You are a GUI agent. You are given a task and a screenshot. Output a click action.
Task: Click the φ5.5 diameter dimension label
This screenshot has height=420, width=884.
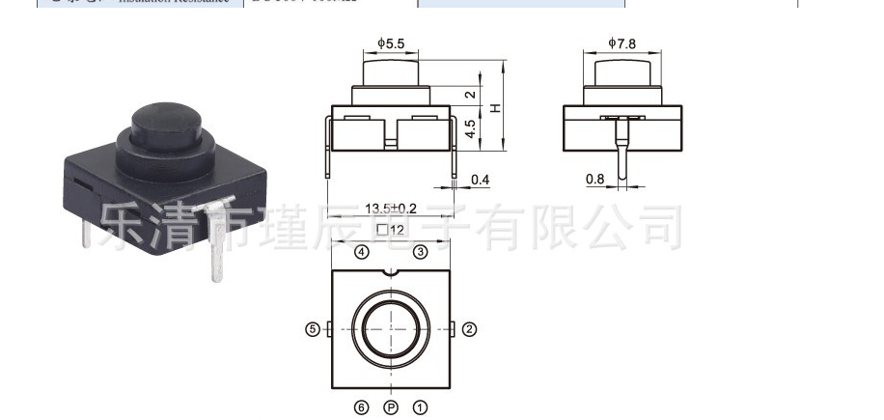[x=391, y=43]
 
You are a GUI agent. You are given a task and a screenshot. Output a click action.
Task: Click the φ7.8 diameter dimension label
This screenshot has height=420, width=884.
[x=622, y=43]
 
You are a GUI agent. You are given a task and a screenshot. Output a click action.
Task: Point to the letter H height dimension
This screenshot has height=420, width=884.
[x=495, y=107]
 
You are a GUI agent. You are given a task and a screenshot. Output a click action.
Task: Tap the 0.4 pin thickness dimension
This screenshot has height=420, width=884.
[x=479, y=181]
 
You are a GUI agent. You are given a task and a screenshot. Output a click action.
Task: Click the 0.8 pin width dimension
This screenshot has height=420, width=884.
[x=595, y=179]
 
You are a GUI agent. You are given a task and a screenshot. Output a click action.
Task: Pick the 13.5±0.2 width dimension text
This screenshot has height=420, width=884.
[x=391, y=209]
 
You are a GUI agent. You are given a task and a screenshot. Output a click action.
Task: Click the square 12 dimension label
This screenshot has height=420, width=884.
[x=390, y=229]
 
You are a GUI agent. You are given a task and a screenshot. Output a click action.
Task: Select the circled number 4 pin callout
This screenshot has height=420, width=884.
[x=361, y=252]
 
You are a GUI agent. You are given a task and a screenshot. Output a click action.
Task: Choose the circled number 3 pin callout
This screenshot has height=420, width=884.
[x=420, y=252]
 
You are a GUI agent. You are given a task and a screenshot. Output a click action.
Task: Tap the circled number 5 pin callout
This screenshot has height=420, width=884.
[x=312, y=329]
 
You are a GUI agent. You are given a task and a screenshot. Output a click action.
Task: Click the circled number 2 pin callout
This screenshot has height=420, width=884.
[x=470, y=329]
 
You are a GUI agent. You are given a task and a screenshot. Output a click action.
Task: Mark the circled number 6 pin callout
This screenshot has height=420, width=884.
[x=361, y=407]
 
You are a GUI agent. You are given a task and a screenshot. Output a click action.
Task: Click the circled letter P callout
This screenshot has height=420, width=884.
[x=390, y=407]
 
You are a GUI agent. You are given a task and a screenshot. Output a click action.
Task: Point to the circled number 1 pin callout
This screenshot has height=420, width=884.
[x=420, y=407]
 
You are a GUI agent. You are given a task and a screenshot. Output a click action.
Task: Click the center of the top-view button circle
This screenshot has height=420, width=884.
[x=390, y=328]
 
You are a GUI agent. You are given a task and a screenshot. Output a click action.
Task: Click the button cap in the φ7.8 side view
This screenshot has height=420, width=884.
[x=623, y=72]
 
